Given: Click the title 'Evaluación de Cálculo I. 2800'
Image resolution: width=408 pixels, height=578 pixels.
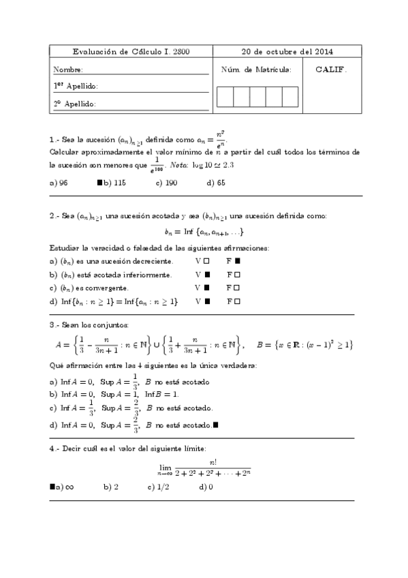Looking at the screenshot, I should pos(131,52).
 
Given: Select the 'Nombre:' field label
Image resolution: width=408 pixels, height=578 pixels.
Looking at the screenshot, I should pos(68,70).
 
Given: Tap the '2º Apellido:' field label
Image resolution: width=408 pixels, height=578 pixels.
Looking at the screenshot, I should pos(75,104).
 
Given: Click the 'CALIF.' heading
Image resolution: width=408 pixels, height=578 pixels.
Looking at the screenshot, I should pos(331,70).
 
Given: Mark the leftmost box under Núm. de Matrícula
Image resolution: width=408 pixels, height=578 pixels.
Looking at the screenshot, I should pos(225,97).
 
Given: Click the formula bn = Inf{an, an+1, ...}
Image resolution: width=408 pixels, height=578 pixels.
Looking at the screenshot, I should pos(202,231).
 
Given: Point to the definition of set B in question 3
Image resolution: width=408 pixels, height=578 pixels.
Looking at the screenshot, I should pos(304,346).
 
